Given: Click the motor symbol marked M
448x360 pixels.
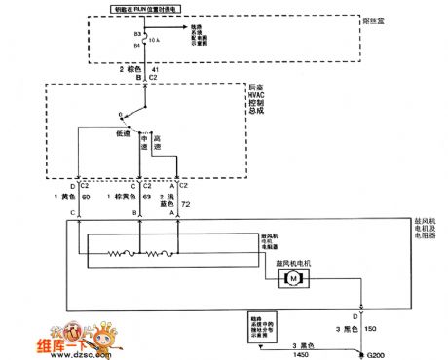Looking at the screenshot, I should pos(291,278).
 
